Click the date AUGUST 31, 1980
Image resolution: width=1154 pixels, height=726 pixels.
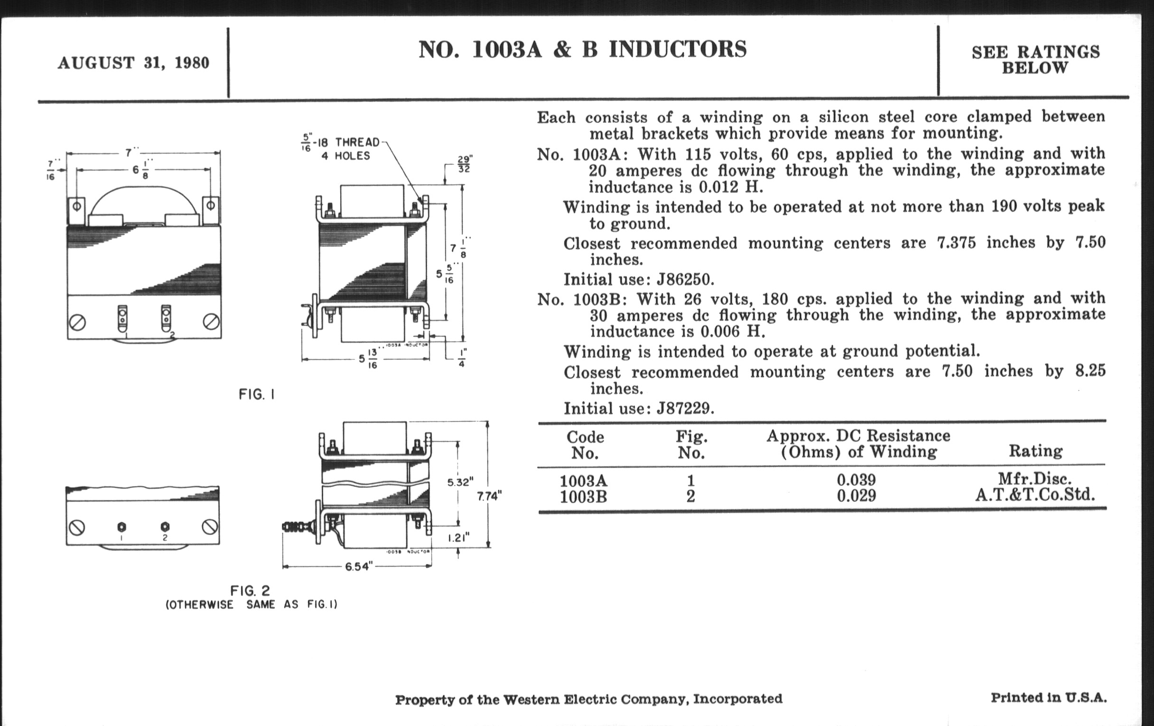133,63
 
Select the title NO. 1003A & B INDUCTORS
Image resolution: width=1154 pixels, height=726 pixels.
582,49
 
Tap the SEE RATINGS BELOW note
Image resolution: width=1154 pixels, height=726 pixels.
1035,60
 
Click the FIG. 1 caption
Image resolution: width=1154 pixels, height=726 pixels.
257,394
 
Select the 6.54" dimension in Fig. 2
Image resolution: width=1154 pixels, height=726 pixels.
358,567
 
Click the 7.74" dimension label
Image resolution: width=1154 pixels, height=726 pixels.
489,496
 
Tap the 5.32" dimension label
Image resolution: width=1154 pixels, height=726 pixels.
461,482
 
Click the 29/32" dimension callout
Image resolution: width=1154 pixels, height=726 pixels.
464,163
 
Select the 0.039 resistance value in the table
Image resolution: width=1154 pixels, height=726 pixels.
856,480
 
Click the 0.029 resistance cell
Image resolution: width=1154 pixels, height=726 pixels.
856,495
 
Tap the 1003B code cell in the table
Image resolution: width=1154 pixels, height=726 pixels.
583,497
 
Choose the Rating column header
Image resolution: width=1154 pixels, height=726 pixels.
1036,450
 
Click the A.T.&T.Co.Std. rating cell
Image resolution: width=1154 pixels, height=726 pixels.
1035,494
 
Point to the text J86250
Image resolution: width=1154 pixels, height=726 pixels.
685,279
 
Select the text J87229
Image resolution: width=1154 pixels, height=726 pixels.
685,408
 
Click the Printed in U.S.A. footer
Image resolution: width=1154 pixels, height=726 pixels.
1049,698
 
